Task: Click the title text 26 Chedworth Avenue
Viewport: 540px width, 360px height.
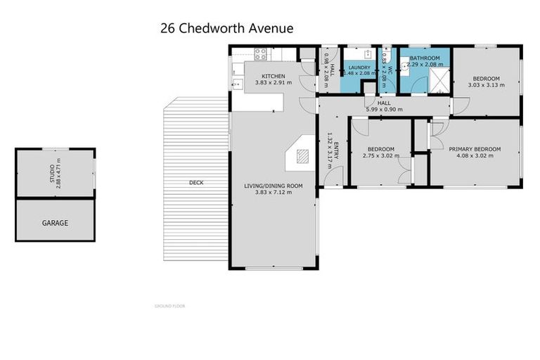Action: (227, 28)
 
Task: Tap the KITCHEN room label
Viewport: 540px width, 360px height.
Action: (273, 76)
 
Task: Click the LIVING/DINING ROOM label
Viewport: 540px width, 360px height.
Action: (273, 186)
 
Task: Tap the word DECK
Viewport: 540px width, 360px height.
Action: (196, 183)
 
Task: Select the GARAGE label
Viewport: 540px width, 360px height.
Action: (55, 223)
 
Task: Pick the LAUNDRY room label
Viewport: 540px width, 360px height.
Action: (359, 67)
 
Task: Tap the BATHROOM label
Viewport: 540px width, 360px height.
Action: (425, 58)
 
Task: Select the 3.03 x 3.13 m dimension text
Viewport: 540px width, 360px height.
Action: (486, 86)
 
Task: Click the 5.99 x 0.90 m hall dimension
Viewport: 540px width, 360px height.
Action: (383, 109)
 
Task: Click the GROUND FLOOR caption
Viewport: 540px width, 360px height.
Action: (169, 306)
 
